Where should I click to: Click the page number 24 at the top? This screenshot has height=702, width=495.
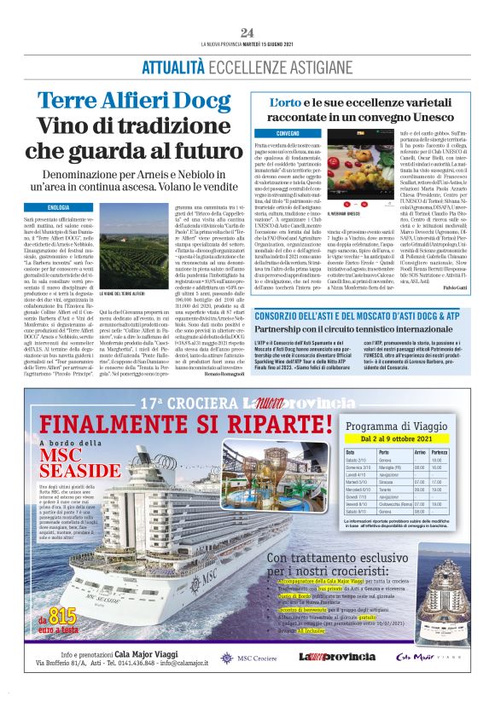247,32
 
